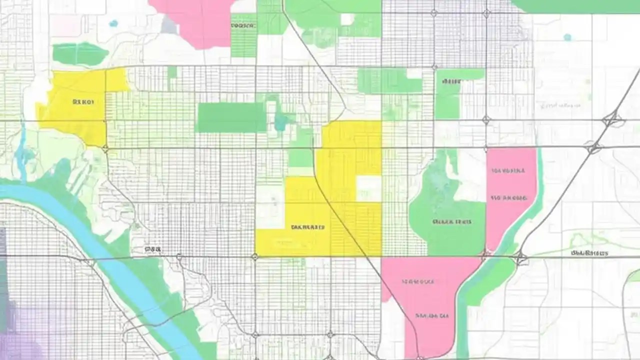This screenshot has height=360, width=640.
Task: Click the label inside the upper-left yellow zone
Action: point(83,102)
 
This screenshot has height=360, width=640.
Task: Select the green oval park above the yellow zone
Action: point(80,53)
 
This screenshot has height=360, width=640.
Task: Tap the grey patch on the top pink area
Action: point(168,25)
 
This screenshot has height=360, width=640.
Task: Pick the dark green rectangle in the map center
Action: point(231,117)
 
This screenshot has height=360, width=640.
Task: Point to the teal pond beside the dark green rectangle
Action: point(281,120)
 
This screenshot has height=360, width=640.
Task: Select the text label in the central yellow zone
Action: point(307,227)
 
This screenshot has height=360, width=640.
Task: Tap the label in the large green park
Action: point(452,221)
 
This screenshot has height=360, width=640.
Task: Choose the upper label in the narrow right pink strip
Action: point(508,170)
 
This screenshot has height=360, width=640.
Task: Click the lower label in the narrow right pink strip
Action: point(509,198)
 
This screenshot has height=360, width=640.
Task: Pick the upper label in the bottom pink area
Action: point(417,281)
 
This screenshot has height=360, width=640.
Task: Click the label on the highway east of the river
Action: point(589,253)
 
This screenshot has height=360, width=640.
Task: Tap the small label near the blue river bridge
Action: point(152,248)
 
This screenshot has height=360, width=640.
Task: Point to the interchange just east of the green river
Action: point(520,258)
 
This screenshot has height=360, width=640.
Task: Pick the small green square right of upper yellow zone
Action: point(172,72)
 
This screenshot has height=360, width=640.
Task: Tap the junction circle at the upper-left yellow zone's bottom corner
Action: point(105,148)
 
